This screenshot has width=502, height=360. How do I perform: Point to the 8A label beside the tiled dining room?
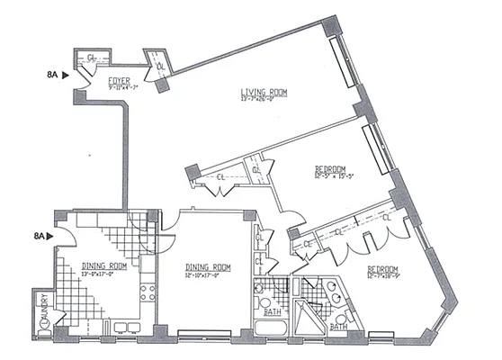tap(39, 236)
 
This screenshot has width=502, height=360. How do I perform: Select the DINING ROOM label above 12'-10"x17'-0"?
tap(208, 267)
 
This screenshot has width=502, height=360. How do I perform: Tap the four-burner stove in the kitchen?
tap(149, 292)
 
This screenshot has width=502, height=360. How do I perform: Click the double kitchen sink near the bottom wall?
tap(125, 326)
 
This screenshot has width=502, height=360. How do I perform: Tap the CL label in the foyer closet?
tap(93, 60)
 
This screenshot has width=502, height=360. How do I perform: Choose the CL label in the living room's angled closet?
tap(161, 66)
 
